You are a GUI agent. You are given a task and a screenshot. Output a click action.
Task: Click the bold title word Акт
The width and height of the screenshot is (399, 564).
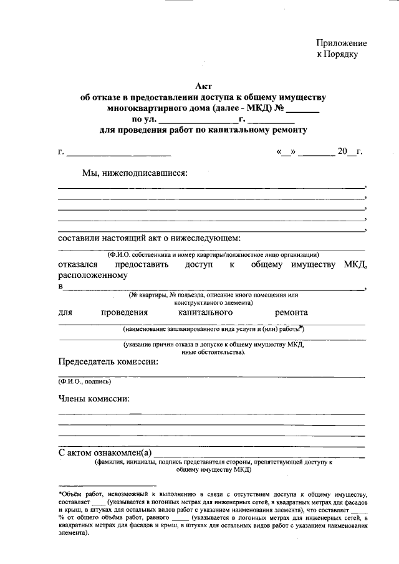(x=204, y=87)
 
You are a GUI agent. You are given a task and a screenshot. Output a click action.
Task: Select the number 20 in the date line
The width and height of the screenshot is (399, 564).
(x=342, y=151)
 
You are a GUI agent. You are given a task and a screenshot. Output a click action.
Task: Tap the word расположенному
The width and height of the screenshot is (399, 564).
(x=93, y=275)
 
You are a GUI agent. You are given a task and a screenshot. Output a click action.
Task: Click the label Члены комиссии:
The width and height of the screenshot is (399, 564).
(x=94, y=398)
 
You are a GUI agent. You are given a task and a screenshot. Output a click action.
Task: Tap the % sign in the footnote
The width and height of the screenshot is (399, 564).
(x=62, y=517)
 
